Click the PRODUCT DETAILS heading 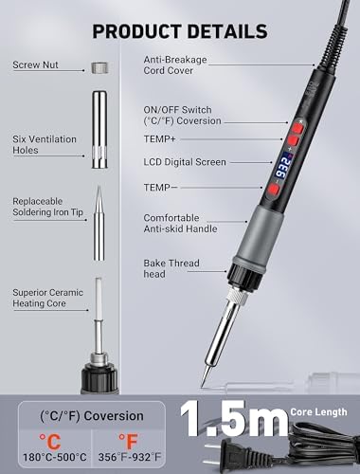tap(180, 31)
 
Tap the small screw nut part tap(99, 67)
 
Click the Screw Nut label tap(35, 64)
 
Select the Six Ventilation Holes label tap(45, 144)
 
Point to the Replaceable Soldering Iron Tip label tap(48, 207)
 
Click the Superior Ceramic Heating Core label tap(48, 298)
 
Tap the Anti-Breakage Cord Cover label tap(175, 64)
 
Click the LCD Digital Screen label tap(185, 162)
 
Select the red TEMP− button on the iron tap(274, 190)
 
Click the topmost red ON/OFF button tap(297, 128)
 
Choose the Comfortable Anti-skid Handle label tap(180, 223)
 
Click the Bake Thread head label tap(171, 268)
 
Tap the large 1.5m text tap(234, 419)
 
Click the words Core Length tap(319, 412)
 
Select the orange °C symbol tap(50, 441)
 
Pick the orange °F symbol tap(129, 441)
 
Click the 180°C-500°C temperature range tap(55, 457)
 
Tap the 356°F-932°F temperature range tap(130, 457)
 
